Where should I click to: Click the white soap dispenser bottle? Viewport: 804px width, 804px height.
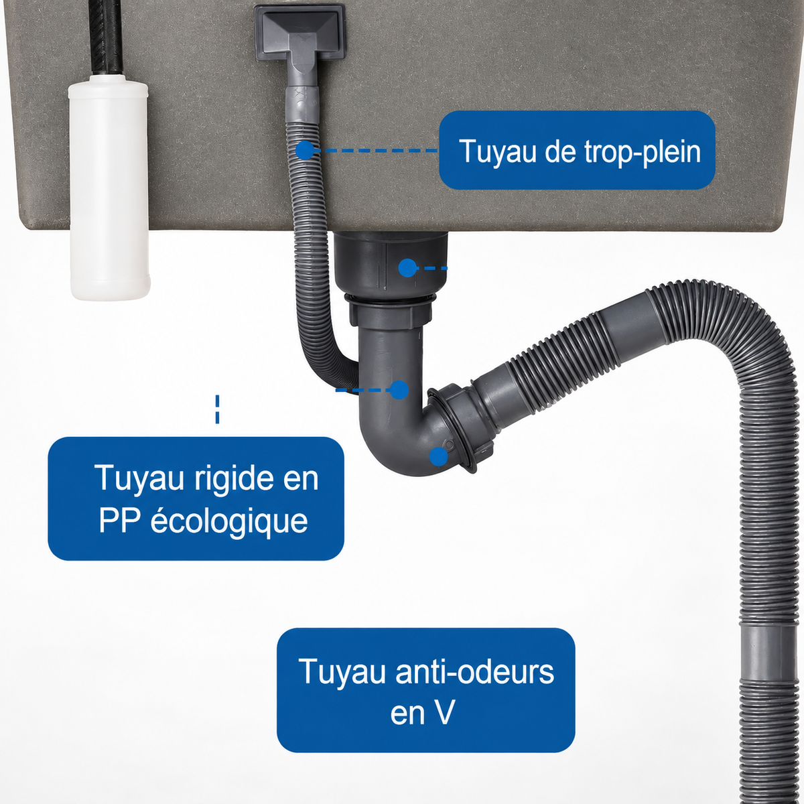point(109,188)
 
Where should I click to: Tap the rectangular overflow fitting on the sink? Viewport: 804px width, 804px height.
point(299,33)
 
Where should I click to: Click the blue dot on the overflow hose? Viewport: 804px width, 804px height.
point(306,150)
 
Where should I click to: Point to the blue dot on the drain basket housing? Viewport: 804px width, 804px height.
point(407,268)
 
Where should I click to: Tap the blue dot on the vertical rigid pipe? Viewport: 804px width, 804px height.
point(399,390)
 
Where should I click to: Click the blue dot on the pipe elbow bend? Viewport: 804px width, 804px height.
point(438,456)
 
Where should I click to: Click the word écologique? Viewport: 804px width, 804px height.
point(229,521)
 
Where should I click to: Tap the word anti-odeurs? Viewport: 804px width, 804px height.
point(475,672)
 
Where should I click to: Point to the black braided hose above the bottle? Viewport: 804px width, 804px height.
point(105,38)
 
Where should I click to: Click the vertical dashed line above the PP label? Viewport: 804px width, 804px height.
point(217,409)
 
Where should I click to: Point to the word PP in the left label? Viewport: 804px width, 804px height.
point(120,521)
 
